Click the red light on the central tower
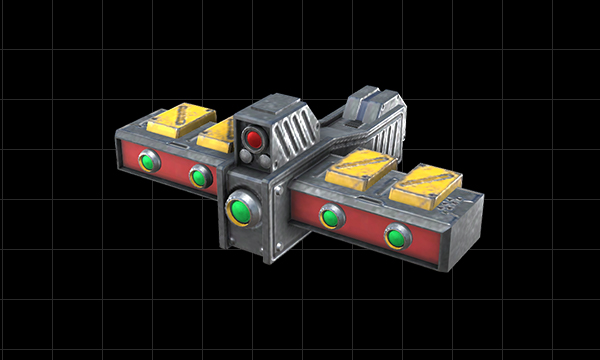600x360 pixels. (x=254, y=138)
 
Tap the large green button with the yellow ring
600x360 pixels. (x=240, y=210)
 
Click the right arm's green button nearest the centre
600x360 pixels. (x=328, y=215)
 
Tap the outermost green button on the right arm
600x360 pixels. (x=396, y=237)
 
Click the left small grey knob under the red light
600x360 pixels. (x=247, y=157)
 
